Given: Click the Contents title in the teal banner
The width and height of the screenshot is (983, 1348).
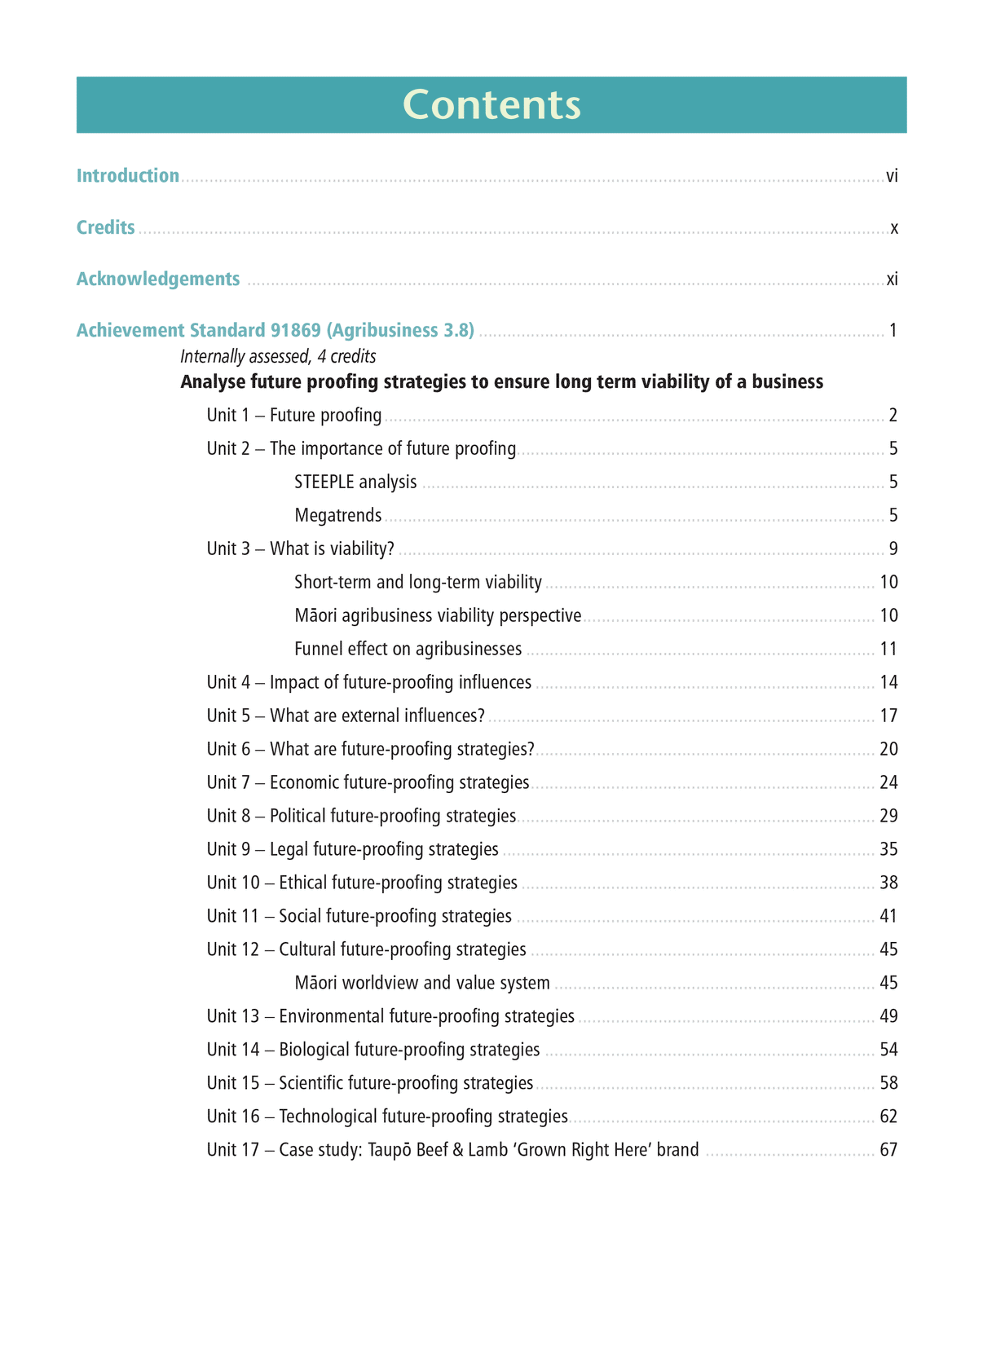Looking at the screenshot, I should coord(491,105).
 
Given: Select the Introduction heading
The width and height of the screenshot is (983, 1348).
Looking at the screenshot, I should coord(128,176).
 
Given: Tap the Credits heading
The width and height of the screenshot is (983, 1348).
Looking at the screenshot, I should coord(106,227).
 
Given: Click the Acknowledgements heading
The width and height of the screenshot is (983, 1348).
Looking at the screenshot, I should coord(158,279).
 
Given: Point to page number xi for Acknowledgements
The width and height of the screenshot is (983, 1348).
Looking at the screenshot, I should coord(893,280).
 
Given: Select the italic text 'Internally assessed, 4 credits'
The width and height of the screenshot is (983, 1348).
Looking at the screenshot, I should coord(278,356).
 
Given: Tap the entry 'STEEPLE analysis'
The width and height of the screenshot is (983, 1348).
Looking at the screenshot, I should coord(355,482).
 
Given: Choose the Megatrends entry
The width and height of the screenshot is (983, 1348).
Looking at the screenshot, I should coord(338,516).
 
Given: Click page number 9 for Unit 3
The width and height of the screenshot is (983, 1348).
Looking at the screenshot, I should coord(893,549).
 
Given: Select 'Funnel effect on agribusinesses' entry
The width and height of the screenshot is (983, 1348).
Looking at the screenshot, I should coord(408,650).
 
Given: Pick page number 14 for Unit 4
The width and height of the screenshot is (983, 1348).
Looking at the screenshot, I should coord(888,683).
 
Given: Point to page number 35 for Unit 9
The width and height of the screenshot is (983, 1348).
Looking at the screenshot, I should coord(888,850).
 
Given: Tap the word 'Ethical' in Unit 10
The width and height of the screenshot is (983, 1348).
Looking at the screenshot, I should coord(303,883).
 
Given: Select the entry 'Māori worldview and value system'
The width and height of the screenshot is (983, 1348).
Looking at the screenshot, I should coord(422,984).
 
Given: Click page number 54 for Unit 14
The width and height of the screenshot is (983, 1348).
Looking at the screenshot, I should coord(888,1051).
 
